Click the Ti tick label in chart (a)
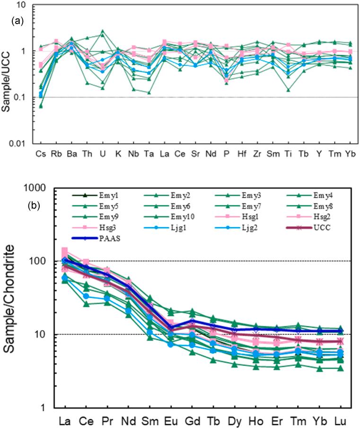289,155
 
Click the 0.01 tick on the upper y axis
20,144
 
